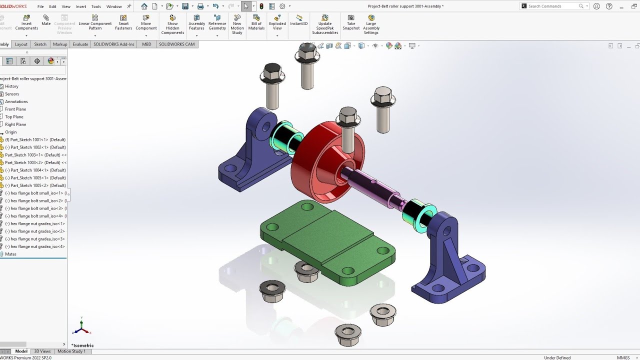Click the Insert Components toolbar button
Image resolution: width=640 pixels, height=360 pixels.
pos(26,22)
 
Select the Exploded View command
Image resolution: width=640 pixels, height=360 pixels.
pos(277,22)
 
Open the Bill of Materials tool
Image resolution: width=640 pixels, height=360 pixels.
pos(256,22)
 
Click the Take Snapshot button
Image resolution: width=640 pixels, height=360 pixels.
pos(351,22)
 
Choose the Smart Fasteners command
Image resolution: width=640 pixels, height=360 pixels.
pos(123,22)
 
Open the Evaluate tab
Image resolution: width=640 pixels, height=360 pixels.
pos(80,44)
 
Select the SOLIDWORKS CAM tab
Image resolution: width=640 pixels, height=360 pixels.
pos(176,44)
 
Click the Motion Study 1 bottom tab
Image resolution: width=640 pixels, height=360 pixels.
pos(71,351)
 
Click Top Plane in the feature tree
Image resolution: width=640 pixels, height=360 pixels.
pos(14,117)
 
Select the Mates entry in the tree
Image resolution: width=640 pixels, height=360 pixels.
pos(10,254)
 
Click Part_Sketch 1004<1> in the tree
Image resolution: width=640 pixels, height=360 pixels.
pos(35,170)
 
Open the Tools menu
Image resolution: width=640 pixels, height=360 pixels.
pos(96,6)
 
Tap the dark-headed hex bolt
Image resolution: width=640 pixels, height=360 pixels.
pos(272,75)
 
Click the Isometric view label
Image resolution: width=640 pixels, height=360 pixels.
pos(83,345)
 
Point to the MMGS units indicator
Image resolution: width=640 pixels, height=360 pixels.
pos(623,357)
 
